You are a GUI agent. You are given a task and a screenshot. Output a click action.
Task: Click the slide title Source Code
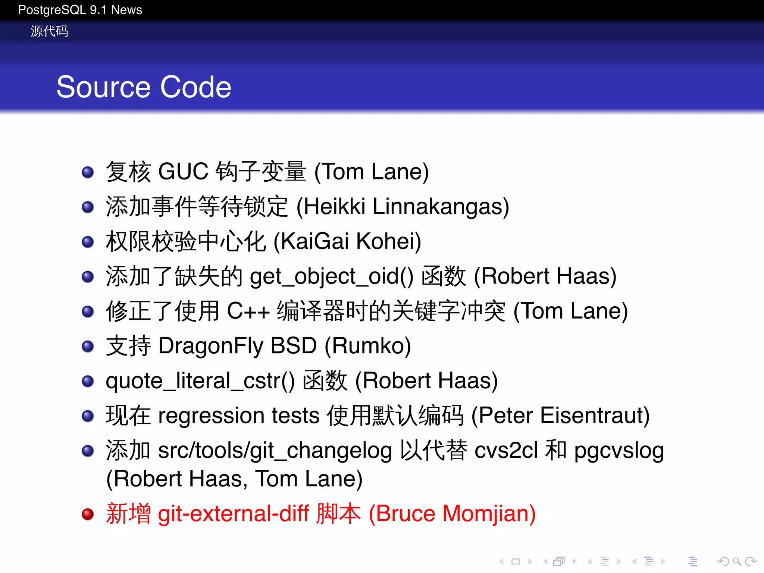144,87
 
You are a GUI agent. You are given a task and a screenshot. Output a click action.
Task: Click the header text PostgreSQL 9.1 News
80,10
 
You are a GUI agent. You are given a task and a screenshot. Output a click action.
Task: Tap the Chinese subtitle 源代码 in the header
49,31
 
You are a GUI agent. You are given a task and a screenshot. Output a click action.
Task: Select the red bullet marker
88,514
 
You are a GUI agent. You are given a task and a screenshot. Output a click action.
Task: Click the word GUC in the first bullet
183,172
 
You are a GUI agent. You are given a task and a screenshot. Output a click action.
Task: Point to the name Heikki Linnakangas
403,206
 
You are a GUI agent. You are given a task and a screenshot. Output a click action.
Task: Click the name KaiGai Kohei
347,241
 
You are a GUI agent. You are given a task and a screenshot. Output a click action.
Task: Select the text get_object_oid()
332,276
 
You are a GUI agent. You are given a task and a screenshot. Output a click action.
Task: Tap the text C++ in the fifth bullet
248,311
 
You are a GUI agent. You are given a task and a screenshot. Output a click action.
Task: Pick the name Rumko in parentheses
367,346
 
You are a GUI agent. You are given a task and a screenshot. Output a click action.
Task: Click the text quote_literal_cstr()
200,381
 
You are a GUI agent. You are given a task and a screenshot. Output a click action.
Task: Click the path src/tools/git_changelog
275,451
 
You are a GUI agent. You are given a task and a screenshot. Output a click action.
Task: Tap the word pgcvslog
619,451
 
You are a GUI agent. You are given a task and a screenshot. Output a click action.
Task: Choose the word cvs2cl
506,451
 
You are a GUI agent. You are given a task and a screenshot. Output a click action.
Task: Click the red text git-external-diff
234,514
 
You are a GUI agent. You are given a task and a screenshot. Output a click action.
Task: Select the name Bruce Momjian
452,514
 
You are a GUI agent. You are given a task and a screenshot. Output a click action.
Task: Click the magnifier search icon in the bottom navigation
737,561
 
